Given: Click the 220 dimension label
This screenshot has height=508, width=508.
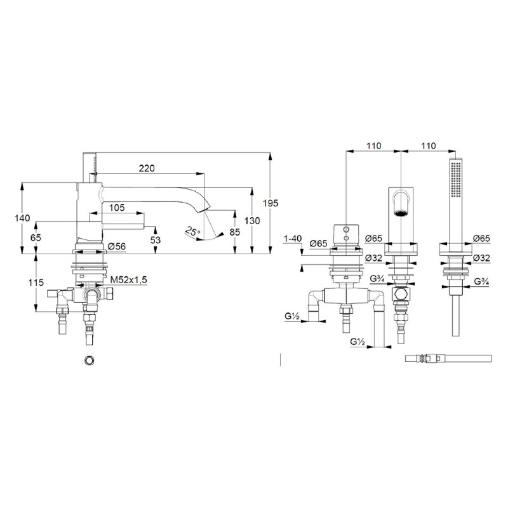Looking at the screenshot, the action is [147, 168].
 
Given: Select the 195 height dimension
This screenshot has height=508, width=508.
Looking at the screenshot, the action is [271, 203].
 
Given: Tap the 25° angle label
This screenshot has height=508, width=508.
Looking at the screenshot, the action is [193, 232].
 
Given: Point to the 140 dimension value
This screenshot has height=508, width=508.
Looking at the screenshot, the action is [22, 218].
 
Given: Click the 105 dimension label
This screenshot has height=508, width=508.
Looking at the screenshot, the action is [117, 208].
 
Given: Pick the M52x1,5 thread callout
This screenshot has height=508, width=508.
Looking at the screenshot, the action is [129, 279].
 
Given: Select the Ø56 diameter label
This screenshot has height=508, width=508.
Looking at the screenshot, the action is [116, 246].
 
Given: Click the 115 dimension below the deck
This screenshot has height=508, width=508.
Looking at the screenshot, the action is [36, 283].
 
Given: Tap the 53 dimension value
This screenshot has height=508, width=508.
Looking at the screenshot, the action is [156, 240].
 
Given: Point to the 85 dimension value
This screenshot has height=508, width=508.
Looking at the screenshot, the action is [234, 232].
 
